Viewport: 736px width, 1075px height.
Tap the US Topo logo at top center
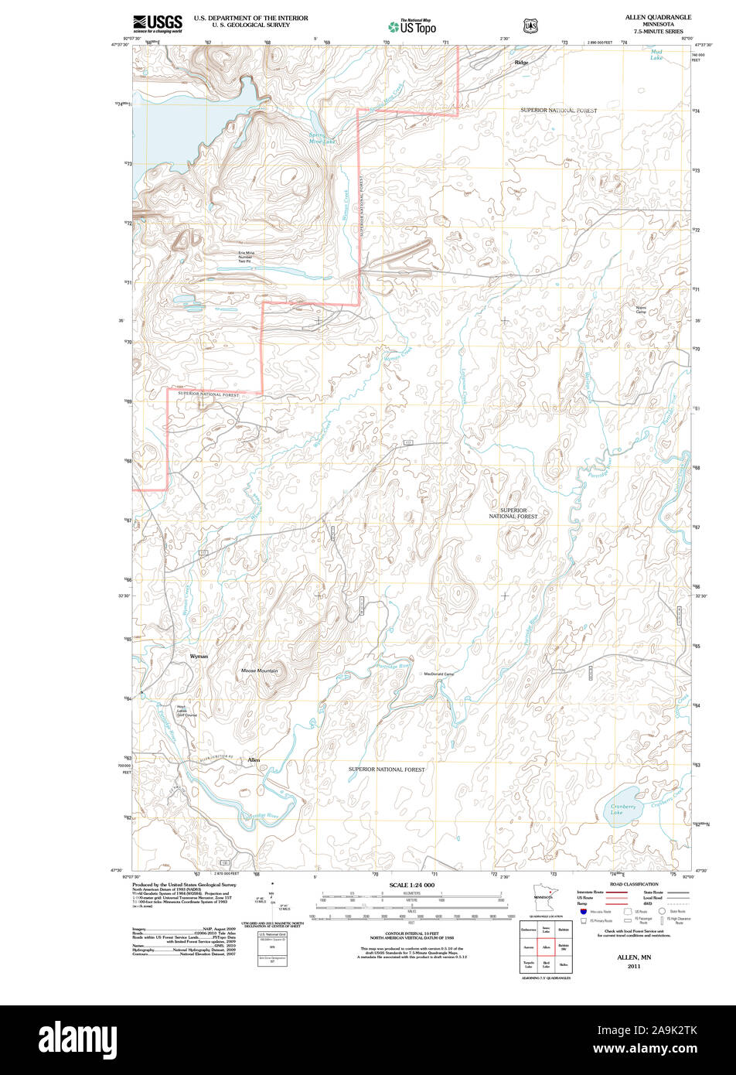click(412, 26)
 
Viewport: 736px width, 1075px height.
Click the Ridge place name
click(522, 62)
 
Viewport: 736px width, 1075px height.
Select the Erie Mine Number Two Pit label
click(246, 257)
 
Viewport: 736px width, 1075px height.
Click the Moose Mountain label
click(259, 671)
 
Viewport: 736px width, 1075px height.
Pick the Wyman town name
click(199, 656)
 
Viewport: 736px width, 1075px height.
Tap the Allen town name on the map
click(254, 760)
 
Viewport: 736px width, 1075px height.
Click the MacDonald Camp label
click(438, 674)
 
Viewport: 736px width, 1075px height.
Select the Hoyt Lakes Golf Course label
click(186, 711)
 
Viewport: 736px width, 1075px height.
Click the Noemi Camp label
click(641, 310)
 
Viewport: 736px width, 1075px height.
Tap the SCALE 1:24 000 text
click(412, 885)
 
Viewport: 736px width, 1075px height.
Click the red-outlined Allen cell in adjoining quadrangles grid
click(546, 946)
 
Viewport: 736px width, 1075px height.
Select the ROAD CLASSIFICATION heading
click(634, 884)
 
